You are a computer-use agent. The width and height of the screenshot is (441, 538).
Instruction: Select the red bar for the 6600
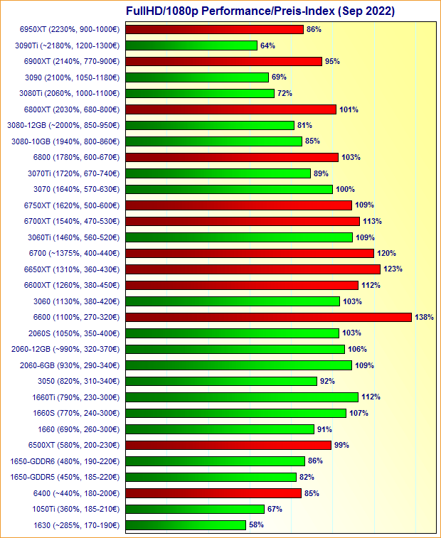[268, 317]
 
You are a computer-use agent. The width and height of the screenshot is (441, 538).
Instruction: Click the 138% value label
[424, 317]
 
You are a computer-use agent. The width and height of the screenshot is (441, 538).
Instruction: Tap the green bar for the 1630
[186, 525]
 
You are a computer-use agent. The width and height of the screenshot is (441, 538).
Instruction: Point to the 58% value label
[256, 525]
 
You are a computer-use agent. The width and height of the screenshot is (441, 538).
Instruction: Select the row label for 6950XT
[70, 29]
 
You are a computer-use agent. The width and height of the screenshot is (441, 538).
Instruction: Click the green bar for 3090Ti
[191, 45]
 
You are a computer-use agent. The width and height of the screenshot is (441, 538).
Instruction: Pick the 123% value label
[393, 269]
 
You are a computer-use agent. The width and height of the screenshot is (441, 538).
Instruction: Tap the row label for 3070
[76, 189]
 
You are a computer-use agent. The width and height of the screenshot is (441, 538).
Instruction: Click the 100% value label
[345, 189]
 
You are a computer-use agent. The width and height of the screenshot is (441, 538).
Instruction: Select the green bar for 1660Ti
[242, 397]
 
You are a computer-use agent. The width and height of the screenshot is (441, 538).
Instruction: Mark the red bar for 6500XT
[228, 445]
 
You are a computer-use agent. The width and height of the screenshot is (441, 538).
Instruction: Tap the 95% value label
[332, 61]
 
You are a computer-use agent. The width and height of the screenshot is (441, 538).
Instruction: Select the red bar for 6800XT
[230, 109]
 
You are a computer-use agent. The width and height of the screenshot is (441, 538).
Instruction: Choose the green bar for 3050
[221, 381]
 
